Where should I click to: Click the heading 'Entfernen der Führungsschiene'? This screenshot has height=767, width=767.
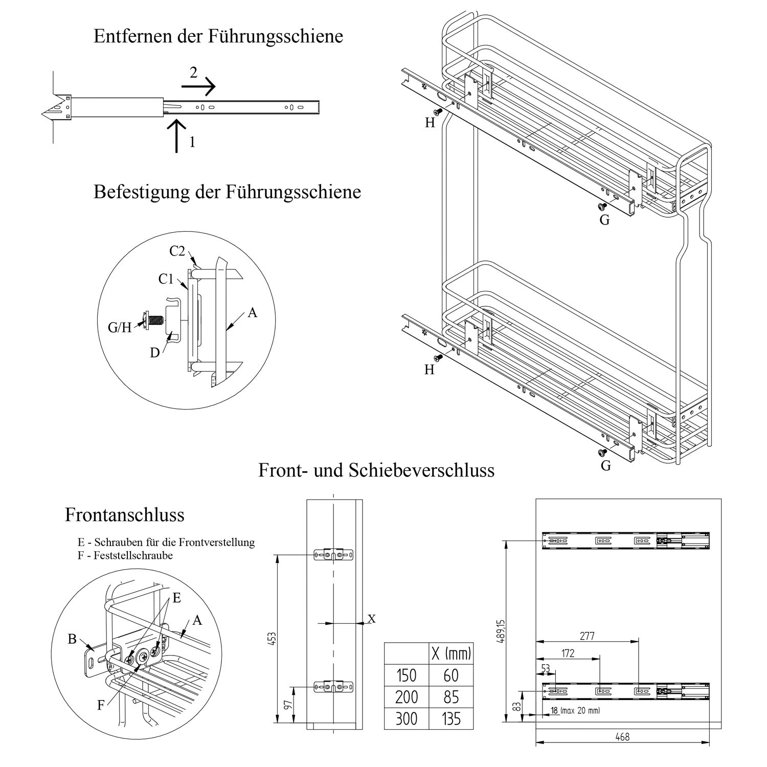pos(218,37)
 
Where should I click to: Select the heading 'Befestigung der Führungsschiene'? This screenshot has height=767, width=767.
pos(227,192)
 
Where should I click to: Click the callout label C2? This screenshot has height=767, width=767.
pos(177,251)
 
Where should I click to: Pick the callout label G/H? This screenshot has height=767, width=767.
pos(120,328)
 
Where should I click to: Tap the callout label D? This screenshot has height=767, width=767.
pos(154,352)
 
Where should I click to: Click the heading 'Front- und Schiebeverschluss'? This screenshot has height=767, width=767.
pos(376,470)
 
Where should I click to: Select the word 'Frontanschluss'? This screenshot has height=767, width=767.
pos(124,515)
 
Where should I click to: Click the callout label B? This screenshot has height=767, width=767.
pos(72,639)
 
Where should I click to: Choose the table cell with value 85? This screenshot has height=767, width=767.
pos(450,697)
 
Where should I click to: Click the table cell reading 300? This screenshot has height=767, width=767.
pos(406,719)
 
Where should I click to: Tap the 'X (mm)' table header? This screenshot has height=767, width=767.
pos(450,653)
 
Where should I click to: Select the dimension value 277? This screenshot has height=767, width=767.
pos(586,636)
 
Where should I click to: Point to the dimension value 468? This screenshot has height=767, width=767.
pos(622,737)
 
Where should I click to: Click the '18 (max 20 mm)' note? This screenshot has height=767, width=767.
pos(575,711)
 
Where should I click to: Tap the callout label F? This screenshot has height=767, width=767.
pos(101,705)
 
